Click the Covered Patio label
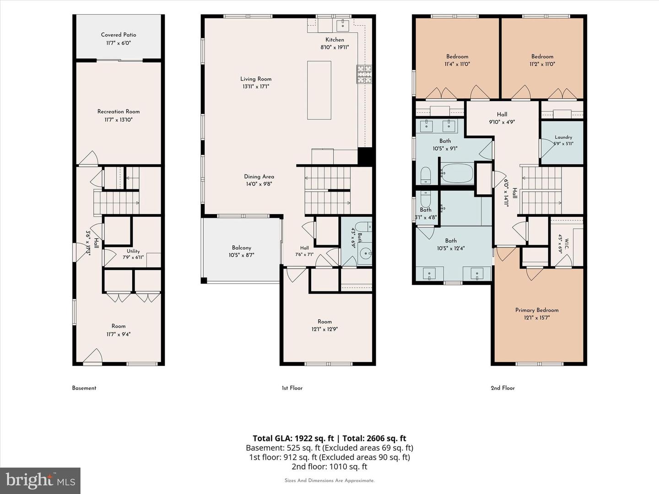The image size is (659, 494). coord(118,35)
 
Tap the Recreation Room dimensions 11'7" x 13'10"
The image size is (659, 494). coord(118,120)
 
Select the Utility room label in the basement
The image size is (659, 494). coord(133,252)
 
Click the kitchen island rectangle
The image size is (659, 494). coord(319,90)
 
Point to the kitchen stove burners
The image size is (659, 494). coord(364,74)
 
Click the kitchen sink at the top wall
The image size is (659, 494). coord(343,25)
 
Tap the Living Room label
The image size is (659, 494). coord(256,79)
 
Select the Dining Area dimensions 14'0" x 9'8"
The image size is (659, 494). coord(259,184)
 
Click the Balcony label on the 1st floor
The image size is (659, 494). coord(241,248)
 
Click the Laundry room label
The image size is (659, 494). coord(563,137)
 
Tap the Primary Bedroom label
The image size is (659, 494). coord(537,310)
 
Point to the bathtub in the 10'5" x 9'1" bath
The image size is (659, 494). coord(457,173)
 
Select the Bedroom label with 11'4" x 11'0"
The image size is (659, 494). coord(457,56)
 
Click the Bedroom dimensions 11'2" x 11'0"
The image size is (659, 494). coord(542,64)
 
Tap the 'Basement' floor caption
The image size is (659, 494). coord(84,388)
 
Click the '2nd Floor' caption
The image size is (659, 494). coord(502,388)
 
